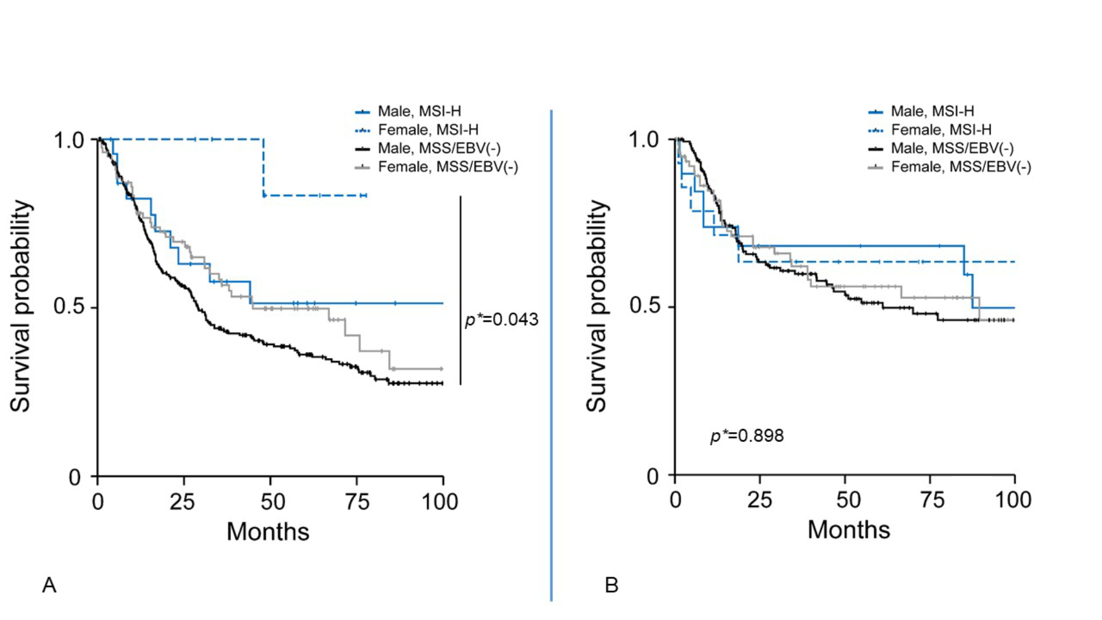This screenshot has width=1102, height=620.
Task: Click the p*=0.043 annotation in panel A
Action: pyautogui.click(x=501, y=320)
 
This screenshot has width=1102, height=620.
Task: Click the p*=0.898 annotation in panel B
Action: pyautogui.click(x=747, y=436)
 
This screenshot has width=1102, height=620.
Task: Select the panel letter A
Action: pyautogui.click(x=49, y=585)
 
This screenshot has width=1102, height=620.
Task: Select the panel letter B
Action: pyautogui.click(x=611, y=585)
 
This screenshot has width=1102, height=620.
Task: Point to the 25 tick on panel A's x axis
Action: pyautogui.click(x=182, y=501)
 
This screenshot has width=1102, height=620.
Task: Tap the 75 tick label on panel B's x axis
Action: pyautogui.click(x=932, y=500)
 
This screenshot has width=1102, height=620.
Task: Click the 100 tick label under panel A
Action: pyautogui.click(x=439, y=501)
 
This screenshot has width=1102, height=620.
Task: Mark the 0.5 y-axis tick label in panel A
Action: pyautogui.click(x=68, y=306)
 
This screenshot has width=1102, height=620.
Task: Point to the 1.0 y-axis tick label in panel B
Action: pyautogui.click(x=644, y=139)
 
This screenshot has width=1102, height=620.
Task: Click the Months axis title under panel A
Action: pyautogui.click(x=268, y=531)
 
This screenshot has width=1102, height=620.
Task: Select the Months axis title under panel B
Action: pyautogui.click(x=849, y=529)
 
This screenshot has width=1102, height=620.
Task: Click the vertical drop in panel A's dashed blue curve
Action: pyautogui.click(x=264, y=167)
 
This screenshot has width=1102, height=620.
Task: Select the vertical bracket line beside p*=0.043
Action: pyautogui.click(x=461, y=290)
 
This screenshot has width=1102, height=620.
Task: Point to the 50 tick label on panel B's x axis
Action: pyautogui.click(x=848, y=500)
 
